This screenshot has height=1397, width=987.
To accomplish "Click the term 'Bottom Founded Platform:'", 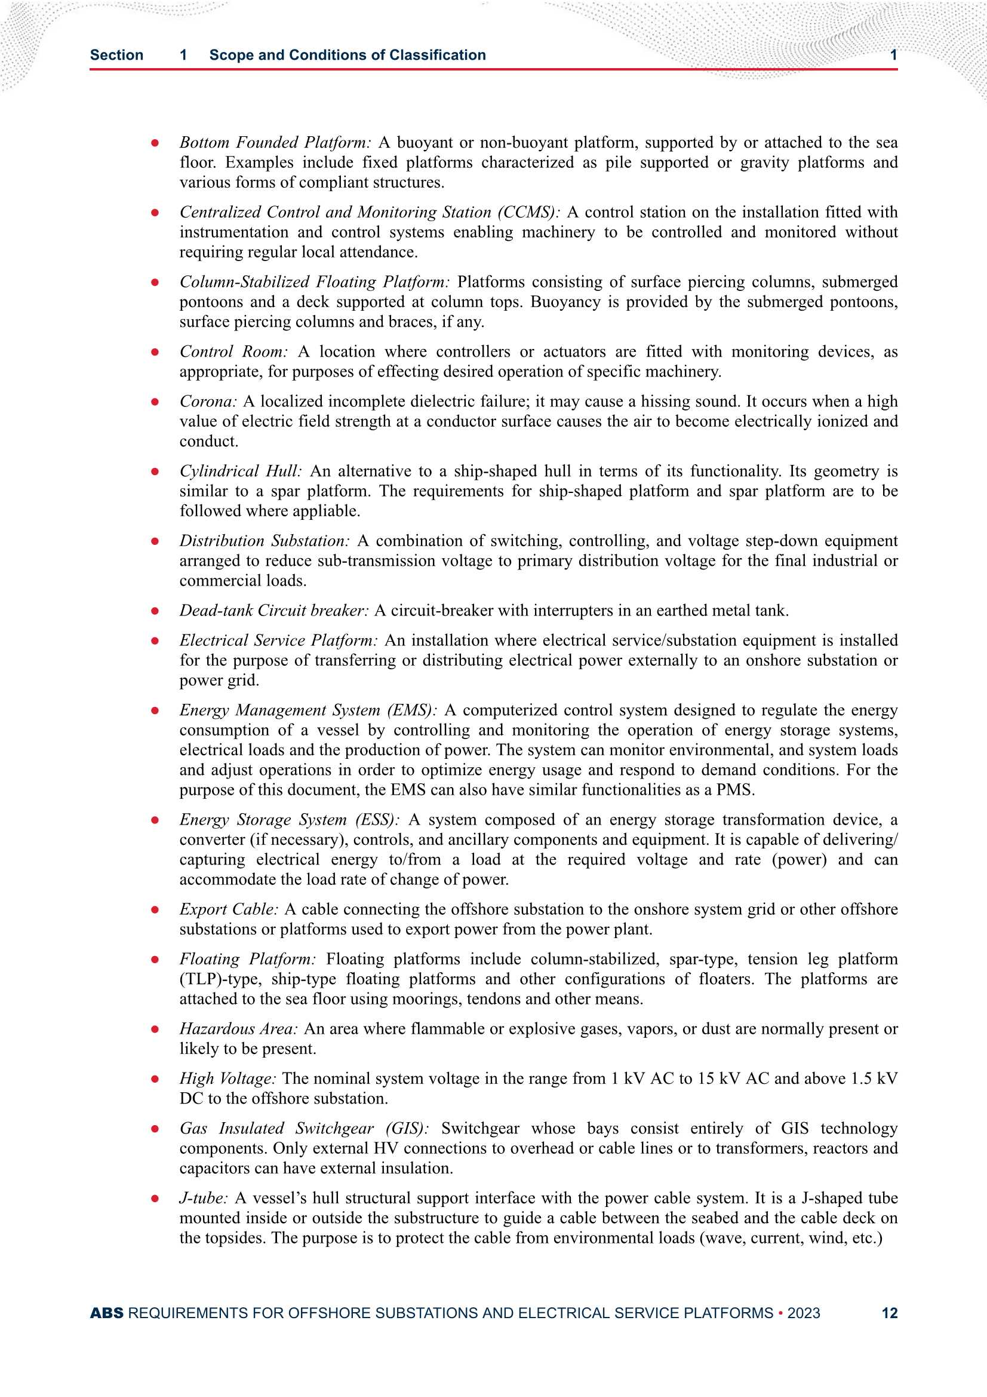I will [275, 142].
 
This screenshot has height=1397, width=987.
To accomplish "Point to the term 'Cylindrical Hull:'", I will [240, 471].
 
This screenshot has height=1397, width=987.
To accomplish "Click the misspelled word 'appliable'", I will [331, 511].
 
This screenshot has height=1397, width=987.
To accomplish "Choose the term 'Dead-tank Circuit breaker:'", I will [273, 610].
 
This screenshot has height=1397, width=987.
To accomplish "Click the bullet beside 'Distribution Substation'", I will [155, 541].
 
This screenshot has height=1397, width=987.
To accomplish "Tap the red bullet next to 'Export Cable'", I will [155, 909].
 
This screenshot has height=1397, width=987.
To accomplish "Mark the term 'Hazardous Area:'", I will [238, 1029].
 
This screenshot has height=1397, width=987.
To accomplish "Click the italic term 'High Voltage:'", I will [227, 1079].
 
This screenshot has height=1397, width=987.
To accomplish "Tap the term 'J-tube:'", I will [204, 1198].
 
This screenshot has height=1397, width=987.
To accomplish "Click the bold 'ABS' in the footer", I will [106, 1313].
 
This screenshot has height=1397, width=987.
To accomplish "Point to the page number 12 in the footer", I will [889, 1313].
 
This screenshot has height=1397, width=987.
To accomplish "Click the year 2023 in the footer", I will [803, 1313].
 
